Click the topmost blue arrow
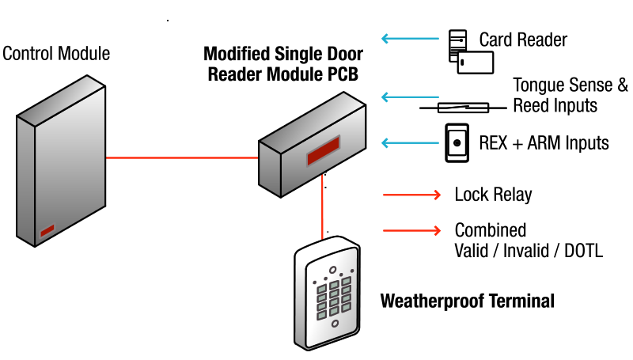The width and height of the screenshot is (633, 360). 410,38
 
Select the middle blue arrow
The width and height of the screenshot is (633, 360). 410,97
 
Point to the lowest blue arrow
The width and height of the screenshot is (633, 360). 410,142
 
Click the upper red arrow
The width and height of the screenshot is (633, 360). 411,195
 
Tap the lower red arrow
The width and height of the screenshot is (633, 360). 411,230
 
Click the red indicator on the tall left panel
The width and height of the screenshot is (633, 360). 47,230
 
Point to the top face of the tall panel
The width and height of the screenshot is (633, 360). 62,100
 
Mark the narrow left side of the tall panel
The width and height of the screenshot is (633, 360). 25,180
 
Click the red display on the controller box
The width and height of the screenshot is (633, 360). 323,150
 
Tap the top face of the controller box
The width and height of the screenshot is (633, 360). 312,123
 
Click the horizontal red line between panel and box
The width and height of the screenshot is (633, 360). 182,157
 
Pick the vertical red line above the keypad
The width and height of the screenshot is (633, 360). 322,206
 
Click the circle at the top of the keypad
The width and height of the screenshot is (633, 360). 333,270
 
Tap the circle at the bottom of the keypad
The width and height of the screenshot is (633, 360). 335,323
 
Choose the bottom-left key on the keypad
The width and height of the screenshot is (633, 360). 322,315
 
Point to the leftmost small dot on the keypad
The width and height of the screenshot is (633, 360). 314,282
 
